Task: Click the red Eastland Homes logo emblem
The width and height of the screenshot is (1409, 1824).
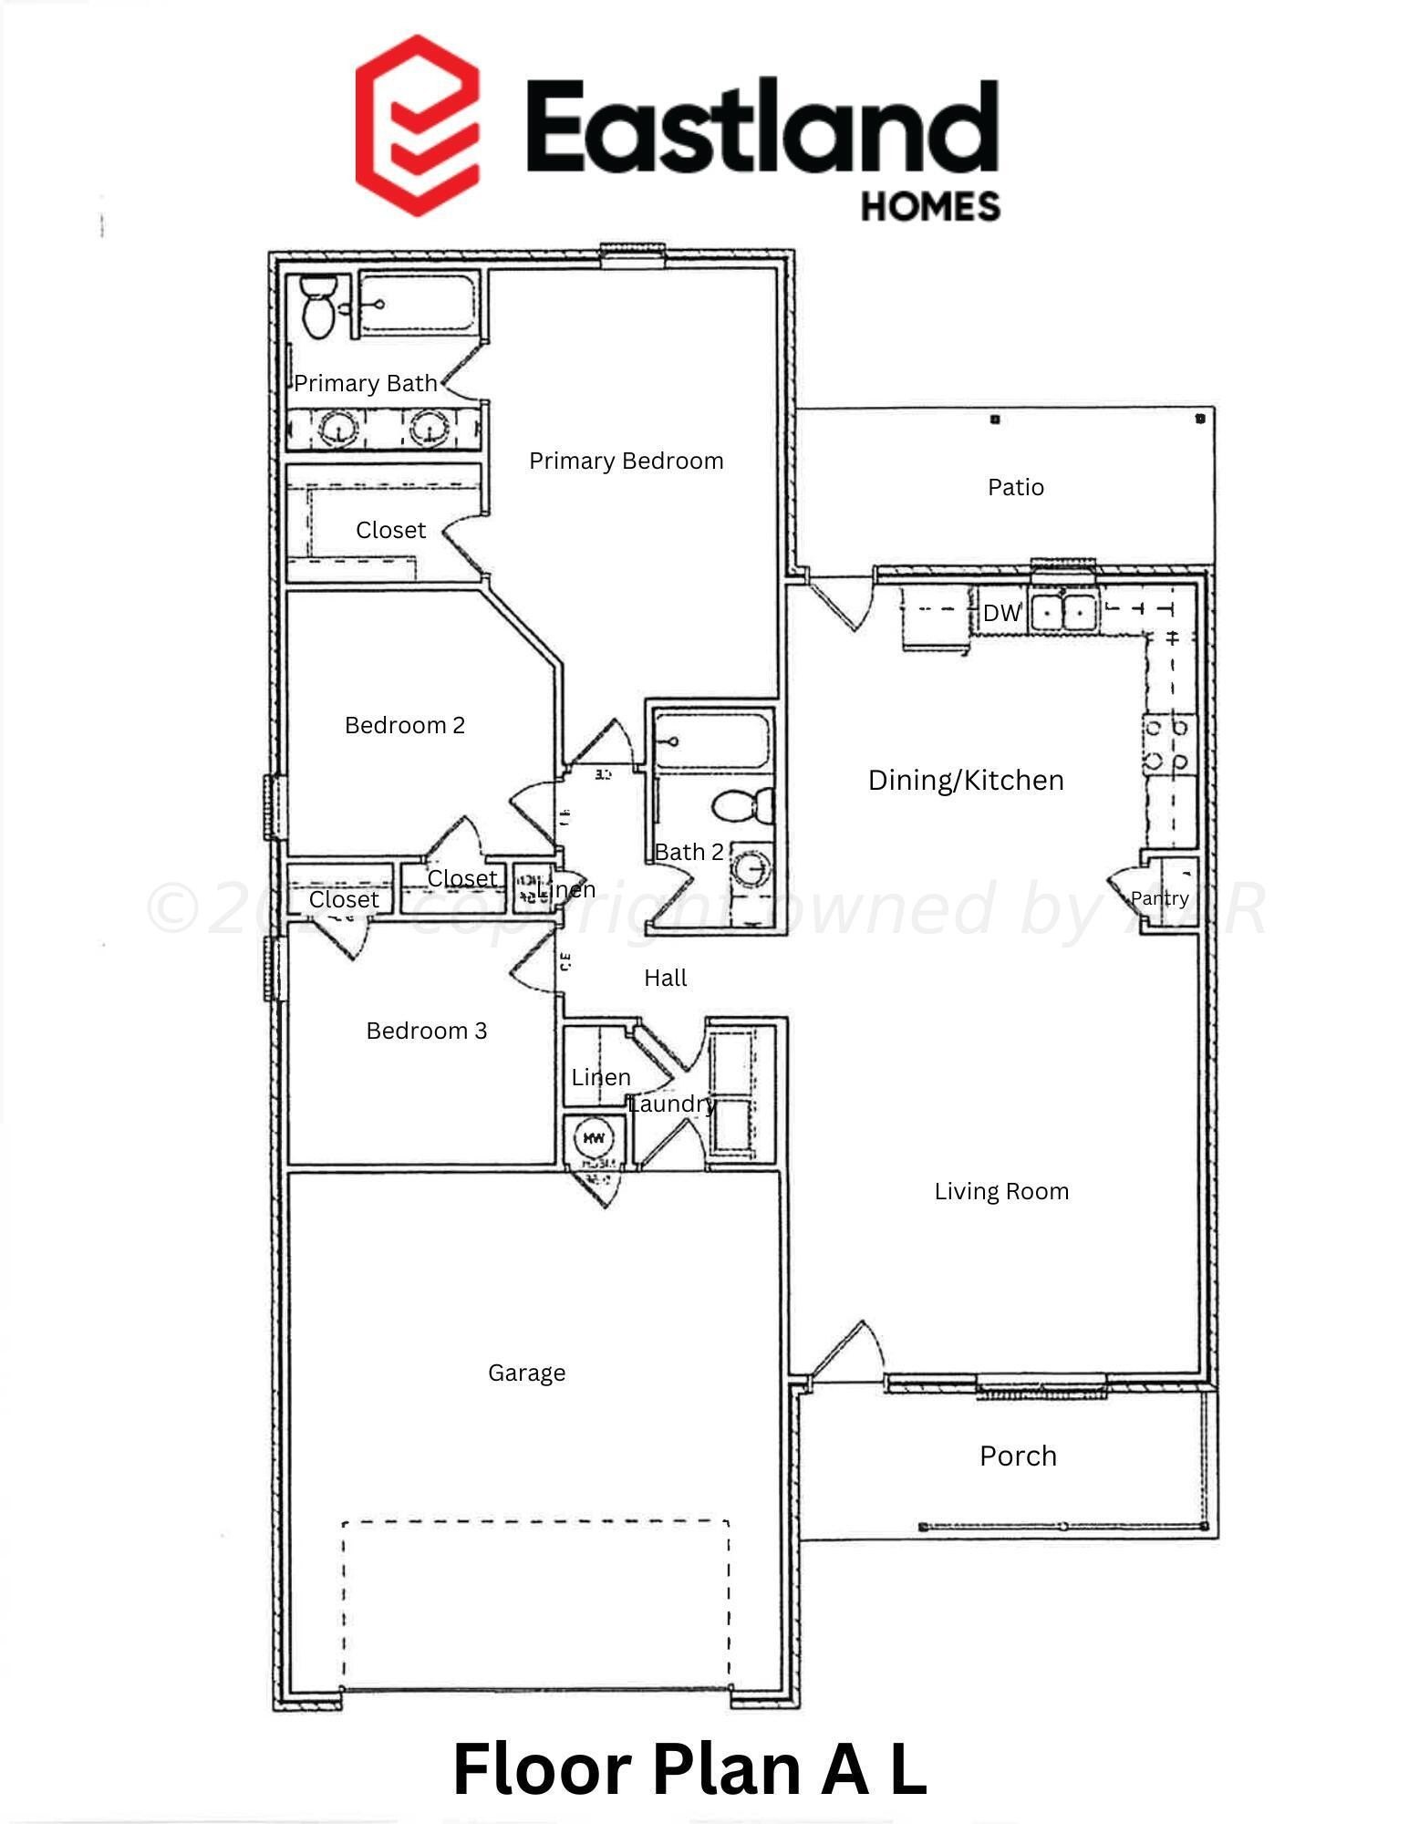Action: pyautogui.click(x=417, y=126)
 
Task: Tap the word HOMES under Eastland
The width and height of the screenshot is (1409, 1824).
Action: pyautogui.click(x=930, y=206)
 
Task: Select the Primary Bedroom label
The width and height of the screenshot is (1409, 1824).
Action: pyautogui.click(x=626, y=461)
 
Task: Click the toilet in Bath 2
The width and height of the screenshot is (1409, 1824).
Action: pyautogui.click(x=741, y=805)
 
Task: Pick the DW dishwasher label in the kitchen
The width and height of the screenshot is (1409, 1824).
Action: pyautogui.click(x=1001, y=613)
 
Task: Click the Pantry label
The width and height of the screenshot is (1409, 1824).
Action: pyautogui.click(x=1159, y=898)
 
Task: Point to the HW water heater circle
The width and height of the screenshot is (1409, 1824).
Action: pyautogui.click(x=594, y=1138)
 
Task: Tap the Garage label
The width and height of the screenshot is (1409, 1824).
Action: pyautogui.click(x=526, y=1373)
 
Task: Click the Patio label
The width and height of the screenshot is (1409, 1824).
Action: pyautogui.click(x=1015, y=487)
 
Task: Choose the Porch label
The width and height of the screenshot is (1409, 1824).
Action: pyautogui.click(x=1018, y=1456)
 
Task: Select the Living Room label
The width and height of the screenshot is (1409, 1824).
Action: pyautogui.click(x=1001, y=1191)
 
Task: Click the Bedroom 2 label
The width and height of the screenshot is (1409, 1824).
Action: pyautogui.click(x=405, y=725)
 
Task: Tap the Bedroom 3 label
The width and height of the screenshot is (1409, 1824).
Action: pyautogui.click(x=426, y=1031)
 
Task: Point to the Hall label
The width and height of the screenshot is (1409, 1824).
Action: pyautogui.click(x=665, y=978)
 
